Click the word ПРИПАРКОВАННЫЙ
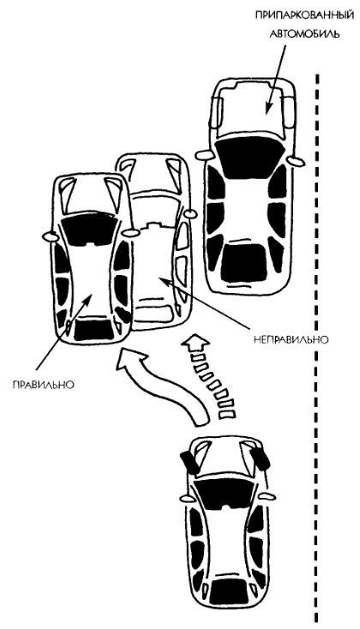coord(305,16)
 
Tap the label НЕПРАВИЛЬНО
coord(291,339)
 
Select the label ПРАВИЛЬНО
coord(44,384)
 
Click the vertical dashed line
coord(318,349)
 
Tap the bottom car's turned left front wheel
coord(190,463)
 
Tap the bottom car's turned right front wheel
coord(259,458)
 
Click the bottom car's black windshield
coord(224,494)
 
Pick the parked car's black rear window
coord(243,262)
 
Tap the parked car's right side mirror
coord(297,160)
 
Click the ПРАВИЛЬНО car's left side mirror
coord(50,237)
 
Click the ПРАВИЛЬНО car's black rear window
coord(93,329)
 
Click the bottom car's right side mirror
coord(266,496)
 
